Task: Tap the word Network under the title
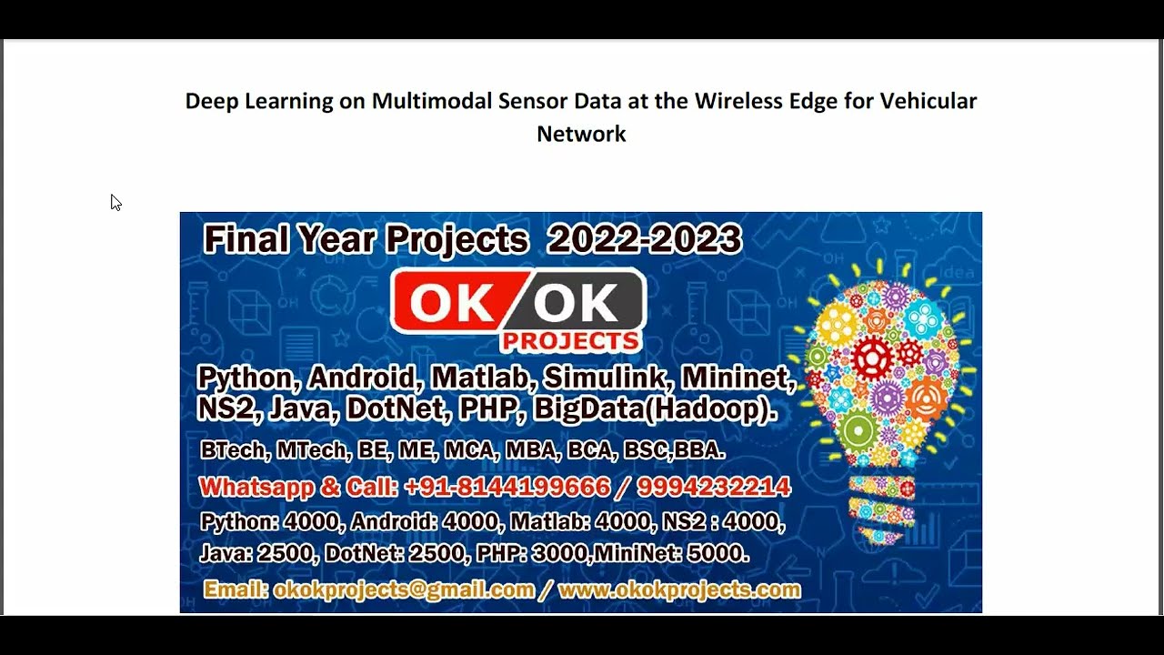[x=581, y=134]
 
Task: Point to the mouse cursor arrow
[x=115, y=202]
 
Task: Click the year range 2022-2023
[x=644, y=239]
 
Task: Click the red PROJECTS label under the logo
[x=570, y=341]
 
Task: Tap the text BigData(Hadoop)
[x=655, y=409]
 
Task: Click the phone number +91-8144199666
[x=507, y=487]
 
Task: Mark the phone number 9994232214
[x=713, y=487]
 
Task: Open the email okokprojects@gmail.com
[x=404, y=589]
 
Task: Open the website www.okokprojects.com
[x=678, y=589]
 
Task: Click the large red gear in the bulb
[x=871, y=358]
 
